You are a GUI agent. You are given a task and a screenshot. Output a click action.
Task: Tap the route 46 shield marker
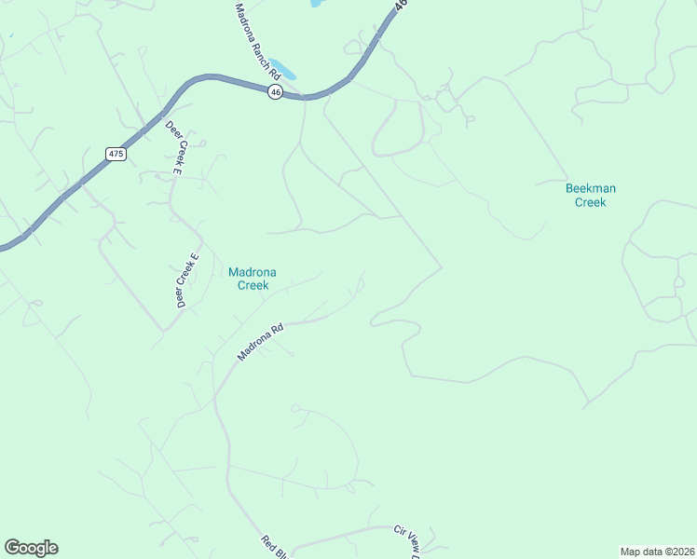(275, 91)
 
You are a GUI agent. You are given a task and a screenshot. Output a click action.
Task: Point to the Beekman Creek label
(591, 195)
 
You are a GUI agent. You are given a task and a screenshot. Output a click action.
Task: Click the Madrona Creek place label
(252, 279)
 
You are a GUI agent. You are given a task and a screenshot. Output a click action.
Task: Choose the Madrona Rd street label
(260, 343)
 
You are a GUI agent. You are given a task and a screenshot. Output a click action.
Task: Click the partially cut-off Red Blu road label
(273, 547)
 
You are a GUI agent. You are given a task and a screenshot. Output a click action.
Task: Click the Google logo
(32, 548)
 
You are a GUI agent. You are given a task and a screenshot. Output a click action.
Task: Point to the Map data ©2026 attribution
(657, 552)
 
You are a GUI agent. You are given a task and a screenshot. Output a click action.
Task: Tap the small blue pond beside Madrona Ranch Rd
(284, 71)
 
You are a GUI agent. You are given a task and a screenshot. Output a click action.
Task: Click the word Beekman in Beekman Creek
(591, 188)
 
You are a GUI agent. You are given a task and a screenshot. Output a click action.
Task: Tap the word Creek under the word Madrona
(252, 286)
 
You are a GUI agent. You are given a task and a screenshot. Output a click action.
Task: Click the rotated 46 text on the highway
(401, 6)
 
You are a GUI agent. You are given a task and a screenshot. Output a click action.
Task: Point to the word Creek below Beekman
(591, 202)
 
